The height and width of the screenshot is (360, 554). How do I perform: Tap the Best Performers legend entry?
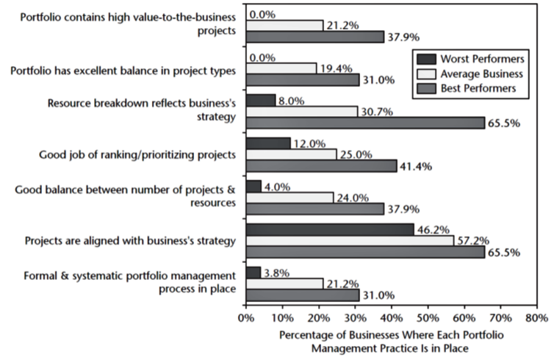(478, 89)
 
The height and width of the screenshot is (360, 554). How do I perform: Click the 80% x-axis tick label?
(536, 319)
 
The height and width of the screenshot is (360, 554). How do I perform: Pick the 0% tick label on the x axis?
(246, 319)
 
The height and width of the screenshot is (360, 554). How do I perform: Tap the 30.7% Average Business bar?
(301, 110)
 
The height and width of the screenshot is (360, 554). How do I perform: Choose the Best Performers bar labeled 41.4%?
(321, 166)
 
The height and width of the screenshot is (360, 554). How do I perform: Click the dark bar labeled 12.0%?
(267, 142)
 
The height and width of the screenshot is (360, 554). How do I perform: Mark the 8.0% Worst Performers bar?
(260, 99)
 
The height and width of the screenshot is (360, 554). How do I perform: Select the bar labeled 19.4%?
(281, 68)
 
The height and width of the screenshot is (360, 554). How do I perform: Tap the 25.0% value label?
(355, 154)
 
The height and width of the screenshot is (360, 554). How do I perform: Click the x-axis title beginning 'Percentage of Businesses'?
(389, 341)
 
